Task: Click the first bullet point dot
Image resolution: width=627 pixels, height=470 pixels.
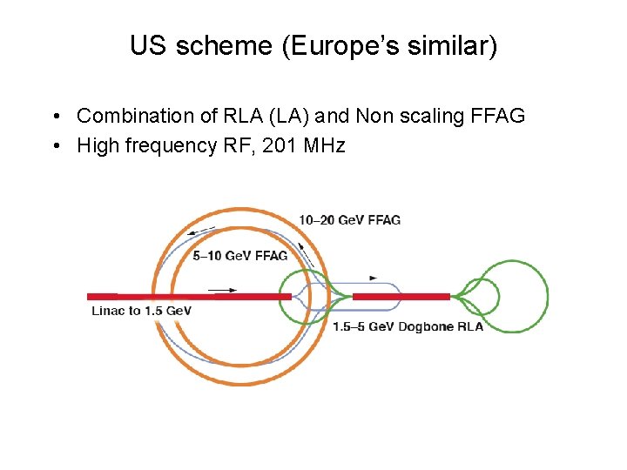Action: click(x=55, y=117)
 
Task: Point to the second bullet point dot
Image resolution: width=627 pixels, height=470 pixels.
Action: click(x=55, y=145)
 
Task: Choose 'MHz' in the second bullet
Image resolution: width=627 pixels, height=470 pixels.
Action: click(x=323, y=145)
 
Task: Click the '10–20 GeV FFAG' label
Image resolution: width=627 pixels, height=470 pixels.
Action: click(x=349, y=220)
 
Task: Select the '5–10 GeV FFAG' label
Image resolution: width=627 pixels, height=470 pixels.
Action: click(x=240, y=256)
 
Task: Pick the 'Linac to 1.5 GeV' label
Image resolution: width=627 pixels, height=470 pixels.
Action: click(x=141, y=311)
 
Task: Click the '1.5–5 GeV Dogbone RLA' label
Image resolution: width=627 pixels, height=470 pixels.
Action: click(x=408, y=326)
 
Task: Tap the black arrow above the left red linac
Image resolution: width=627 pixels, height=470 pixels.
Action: click(x=222, y=289)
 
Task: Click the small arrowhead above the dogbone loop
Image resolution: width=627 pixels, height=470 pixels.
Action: click(x=374, y=278)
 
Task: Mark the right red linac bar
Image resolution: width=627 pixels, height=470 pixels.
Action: click(x=401, y=297)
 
